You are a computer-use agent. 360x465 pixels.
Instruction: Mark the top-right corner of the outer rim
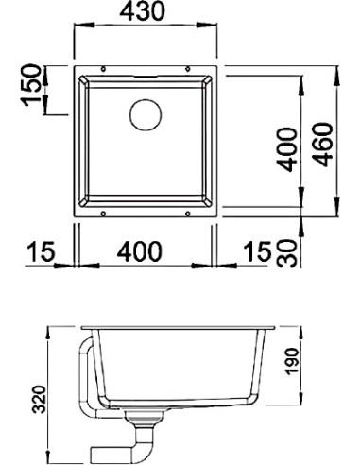pyautogui.click(x=221, y=66)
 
